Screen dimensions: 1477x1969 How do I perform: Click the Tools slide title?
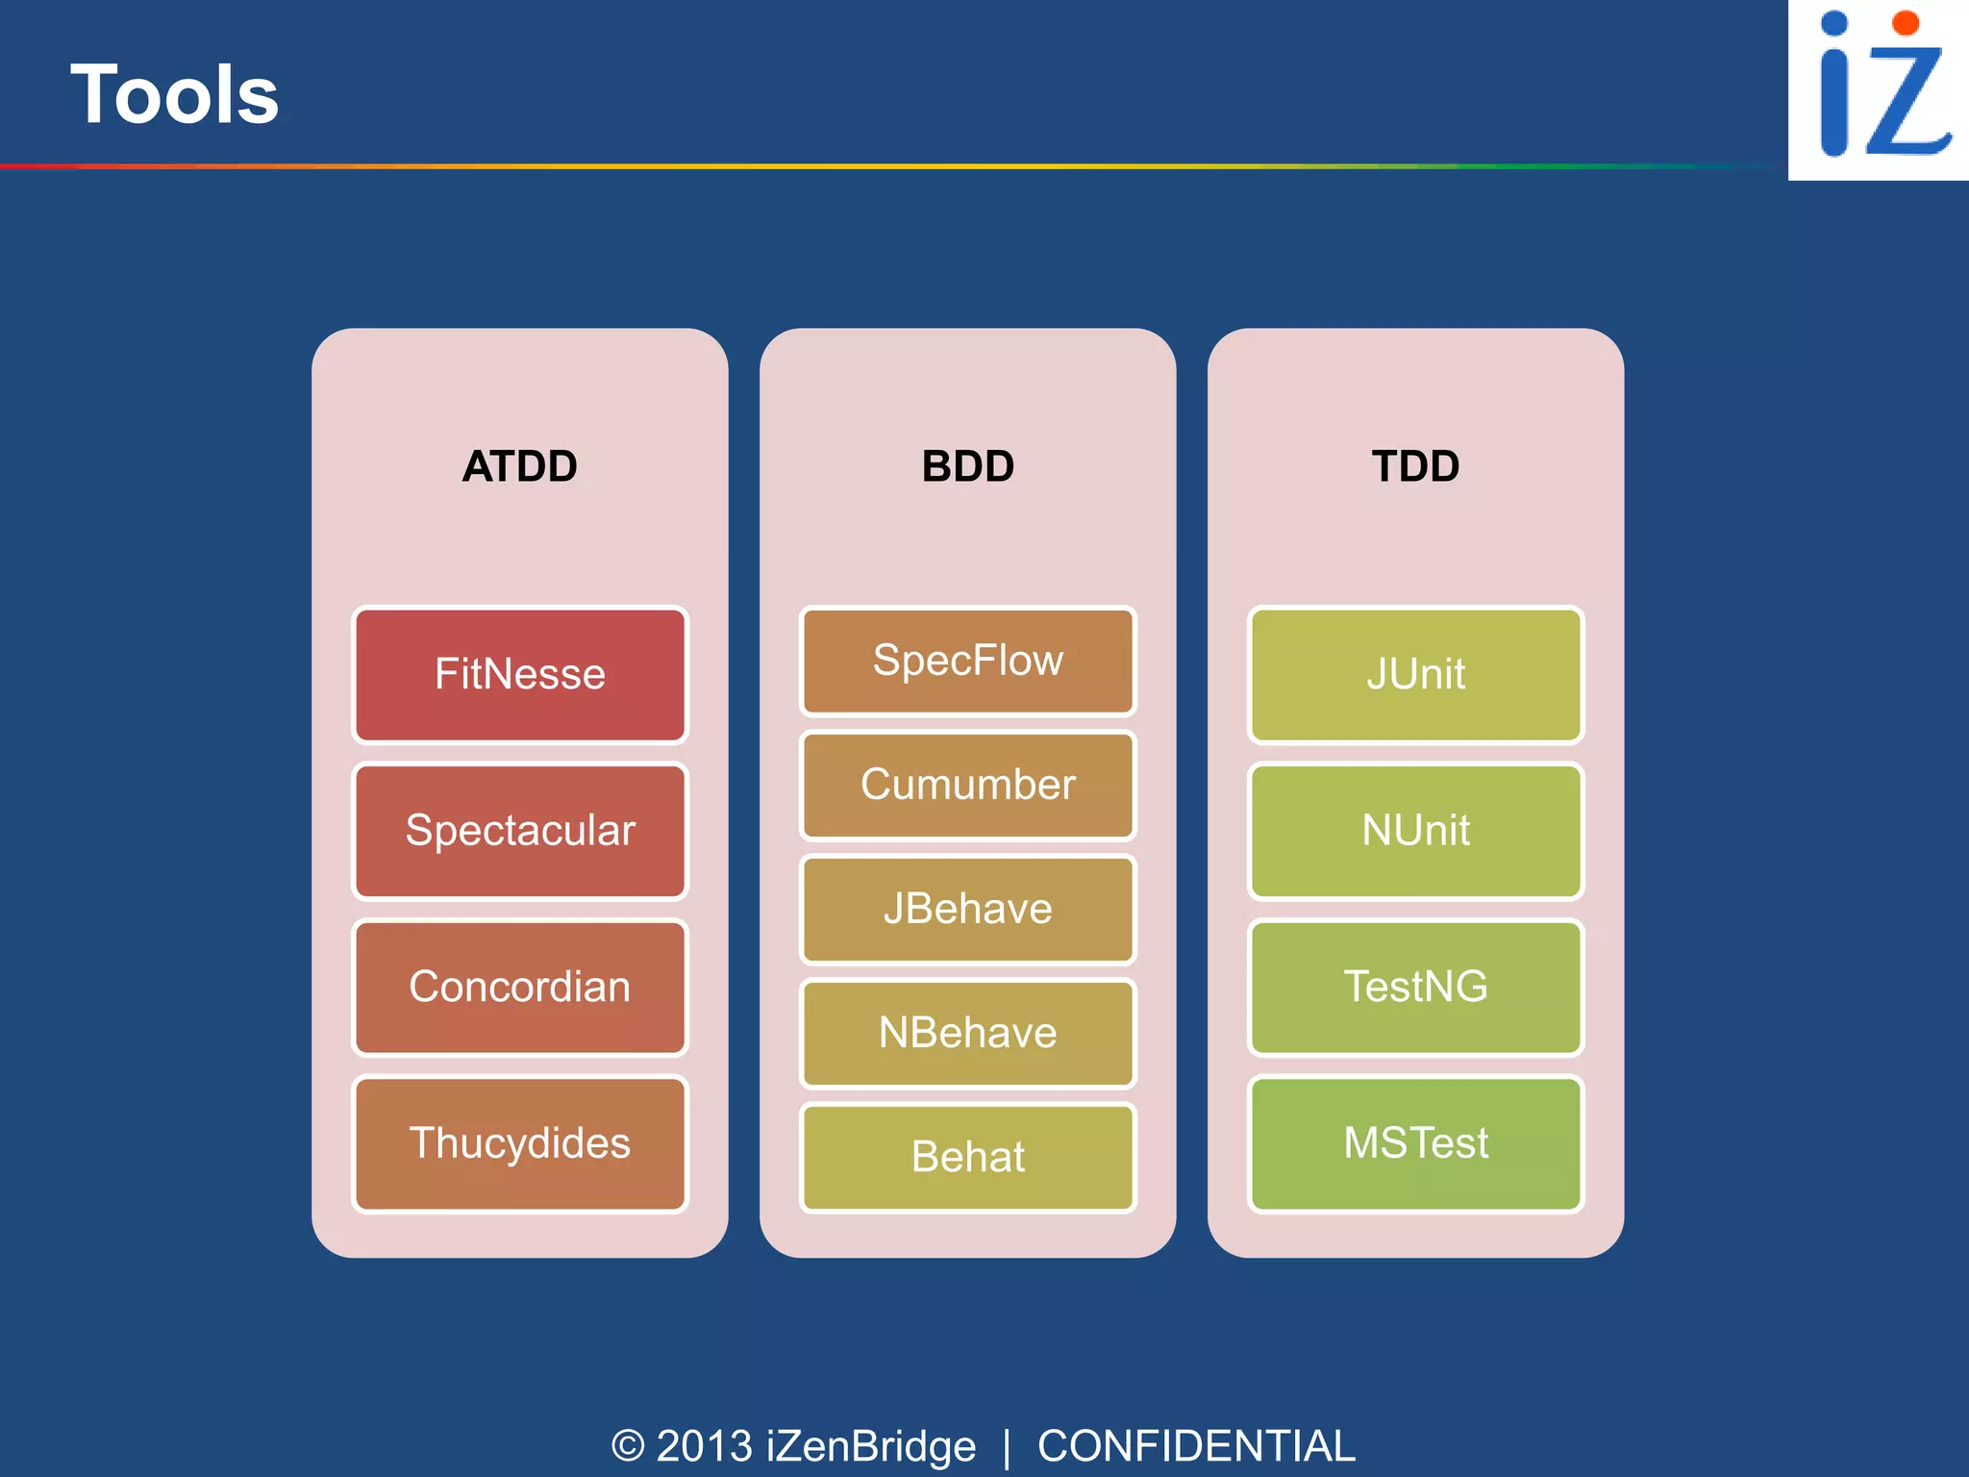pyautogui.click(x=175, y=94)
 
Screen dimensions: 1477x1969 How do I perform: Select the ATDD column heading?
pyautogui.click(x=519, y=466)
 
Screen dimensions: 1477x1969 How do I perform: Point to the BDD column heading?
pyautogui.click(x=967, y=466)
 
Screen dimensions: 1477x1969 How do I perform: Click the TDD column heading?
pyautogui.click(x=1415, y=466)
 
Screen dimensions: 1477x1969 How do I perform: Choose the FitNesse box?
pyautogui.click(x=519, y=674)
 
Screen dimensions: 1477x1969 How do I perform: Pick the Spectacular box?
pyautogui.click(x=519, y=831)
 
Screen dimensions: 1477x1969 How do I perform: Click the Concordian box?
pyautogui.click(x=519, y=988)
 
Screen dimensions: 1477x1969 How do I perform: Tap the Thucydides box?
pyautogui.click(x=519, y=1143)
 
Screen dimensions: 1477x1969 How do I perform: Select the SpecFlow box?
pyautogui.click(x=967, y=661)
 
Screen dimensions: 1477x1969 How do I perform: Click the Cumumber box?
pyautogui.click(x=967, y=785)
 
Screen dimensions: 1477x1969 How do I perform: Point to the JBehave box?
pyautogui.click(x=967, y=909)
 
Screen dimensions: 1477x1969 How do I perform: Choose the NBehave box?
pyautogui.click(x=967, y=1033)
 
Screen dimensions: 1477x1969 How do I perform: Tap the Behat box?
pyautogui.click(x=967, y=1157)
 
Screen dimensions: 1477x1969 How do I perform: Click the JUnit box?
pyautogui.click(x=1415, y=674)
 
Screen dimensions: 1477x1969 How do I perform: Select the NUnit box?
pyautogui.click(x=1415, y=831)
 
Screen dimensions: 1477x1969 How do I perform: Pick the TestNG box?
pyautogui.click(x=1415, y=988)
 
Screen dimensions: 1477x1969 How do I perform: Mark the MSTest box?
pyautogui.click(x=1415, y=1143)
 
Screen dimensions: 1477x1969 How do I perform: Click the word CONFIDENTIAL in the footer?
pyautogui.click(x=1196, y=1446)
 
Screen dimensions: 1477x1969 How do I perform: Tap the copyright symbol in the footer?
pyautogui.click(x=628, y=1446)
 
